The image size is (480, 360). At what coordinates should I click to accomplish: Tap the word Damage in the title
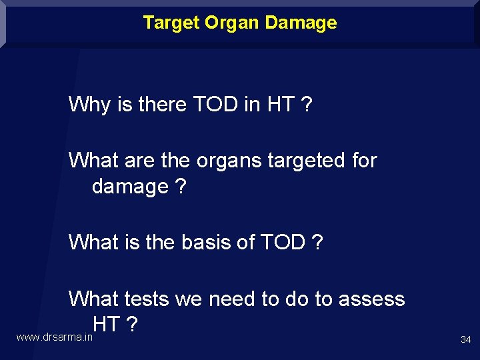pos(301,23)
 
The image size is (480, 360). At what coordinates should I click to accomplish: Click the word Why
pos(90,105)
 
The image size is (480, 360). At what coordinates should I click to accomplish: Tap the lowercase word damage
pos(130,187)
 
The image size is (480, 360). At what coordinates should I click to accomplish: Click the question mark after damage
pos(181,187)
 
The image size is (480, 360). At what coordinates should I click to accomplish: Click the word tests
pos(146,299)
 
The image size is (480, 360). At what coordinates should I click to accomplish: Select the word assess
pos(371,299)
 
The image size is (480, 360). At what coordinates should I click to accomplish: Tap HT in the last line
pos(107,325)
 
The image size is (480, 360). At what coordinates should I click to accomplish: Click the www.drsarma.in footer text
pos(54,338)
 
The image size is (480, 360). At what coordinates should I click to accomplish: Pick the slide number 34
pos(465,340)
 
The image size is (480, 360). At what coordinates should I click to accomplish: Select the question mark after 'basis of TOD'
pos(317,243)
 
